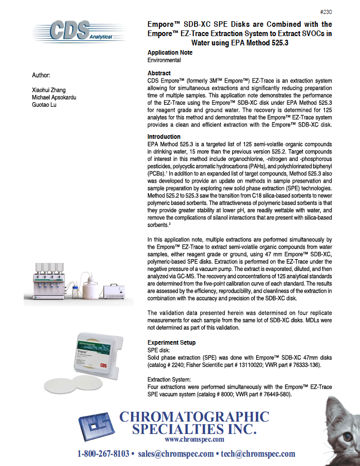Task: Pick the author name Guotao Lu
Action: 45,106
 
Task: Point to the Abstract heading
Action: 159,73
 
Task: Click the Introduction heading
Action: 163,137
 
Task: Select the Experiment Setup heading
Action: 171,343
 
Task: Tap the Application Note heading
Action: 170,53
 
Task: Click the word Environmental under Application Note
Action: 164,60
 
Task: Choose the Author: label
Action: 42,75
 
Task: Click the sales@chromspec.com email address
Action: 176,454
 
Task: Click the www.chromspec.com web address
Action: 194,440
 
